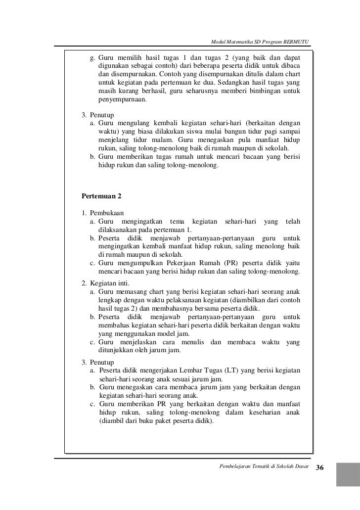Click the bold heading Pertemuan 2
[x=101, y=195]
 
